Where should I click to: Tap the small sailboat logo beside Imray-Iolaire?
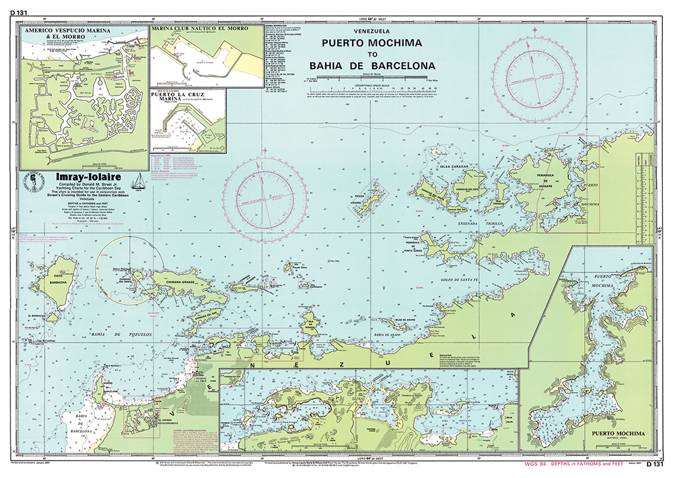138,181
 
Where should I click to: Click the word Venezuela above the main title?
371,31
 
